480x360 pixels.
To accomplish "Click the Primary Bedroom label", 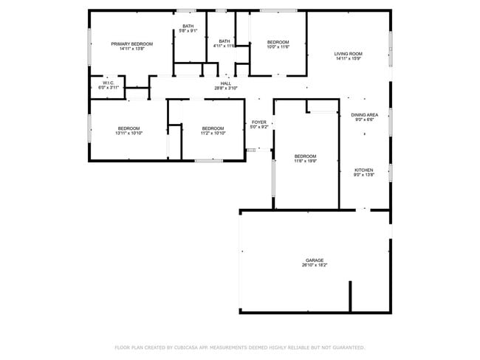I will click(131, 44).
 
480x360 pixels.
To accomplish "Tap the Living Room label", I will click(348, 54).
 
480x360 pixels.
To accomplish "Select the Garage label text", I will click(315, 260).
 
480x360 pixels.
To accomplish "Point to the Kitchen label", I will click(364, 170).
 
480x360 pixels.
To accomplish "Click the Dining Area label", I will click(364, 115).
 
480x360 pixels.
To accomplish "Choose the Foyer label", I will click(258, 122).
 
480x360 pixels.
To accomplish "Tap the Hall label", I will click(225, 83).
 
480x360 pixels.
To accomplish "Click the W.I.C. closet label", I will click(108, 83).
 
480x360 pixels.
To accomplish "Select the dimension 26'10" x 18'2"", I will click(315, 265).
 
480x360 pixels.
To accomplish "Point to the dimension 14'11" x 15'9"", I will click(348, 59).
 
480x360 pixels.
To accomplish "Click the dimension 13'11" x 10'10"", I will click(128, 133).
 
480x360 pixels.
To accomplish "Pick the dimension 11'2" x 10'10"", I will click(213, 133).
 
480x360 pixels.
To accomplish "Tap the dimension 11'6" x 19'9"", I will click(305, 161).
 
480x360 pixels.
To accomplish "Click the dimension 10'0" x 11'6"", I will click(278, 46).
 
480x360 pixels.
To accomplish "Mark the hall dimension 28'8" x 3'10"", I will click(225, 89).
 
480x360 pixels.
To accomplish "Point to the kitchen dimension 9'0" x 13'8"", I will click(364, 175).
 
